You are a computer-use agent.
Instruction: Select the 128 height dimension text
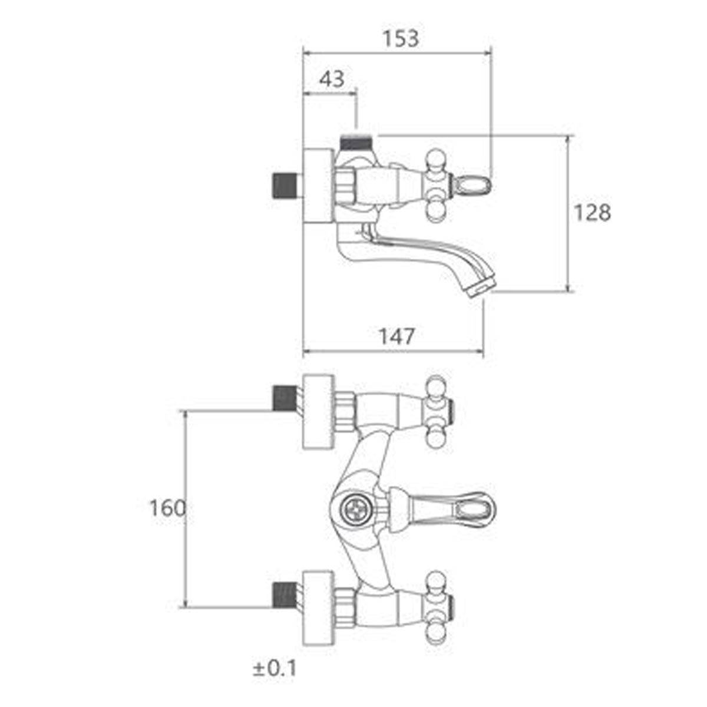click(x=592, y=213)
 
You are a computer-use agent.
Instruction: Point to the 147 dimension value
click(x=397, y=336)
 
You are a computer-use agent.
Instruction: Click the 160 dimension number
click(x=167, y=508)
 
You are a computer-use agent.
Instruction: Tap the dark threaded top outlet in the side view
click(x=357, y=143)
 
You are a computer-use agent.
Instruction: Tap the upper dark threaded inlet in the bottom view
click(x=285, y=398)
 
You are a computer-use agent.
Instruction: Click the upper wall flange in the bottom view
click(x=319, y=411)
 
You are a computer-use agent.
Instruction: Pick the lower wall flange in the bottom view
click(x=319, y=608)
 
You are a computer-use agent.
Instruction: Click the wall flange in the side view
click(x=319, y=185)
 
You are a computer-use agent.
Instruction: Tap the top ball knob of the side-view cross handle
click(x=435, y=157)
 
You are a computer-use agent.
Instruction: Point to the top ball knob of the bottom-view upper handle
click(x=436, y=385)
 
